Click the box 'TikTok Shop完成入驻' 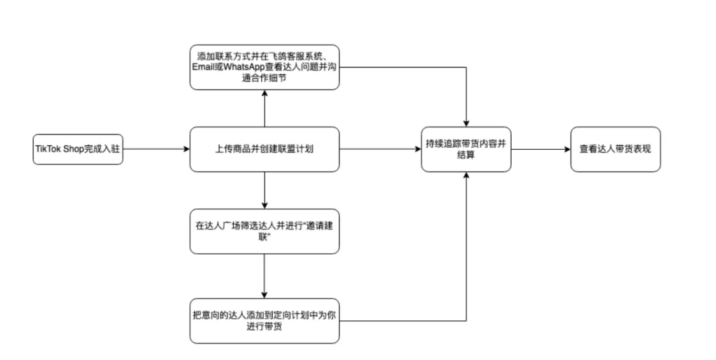[78, 149]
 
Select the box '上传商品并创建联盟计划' [265, 149]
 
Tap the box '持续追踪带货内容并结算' [466, 149]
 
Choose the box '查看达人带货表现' [615, 149]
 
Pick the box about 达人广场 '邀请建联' [265, 231]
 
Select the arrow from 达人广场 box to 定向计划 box [265, 276]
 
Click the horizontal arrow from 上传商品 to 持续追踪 [380, 149]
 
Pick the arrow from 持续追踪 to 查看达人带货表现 [540, 149]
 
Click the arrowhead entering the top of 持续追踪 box [467, 122]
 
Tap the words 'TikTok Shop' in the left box [60, 149]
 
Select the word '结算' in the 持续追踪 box [466, 155]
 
